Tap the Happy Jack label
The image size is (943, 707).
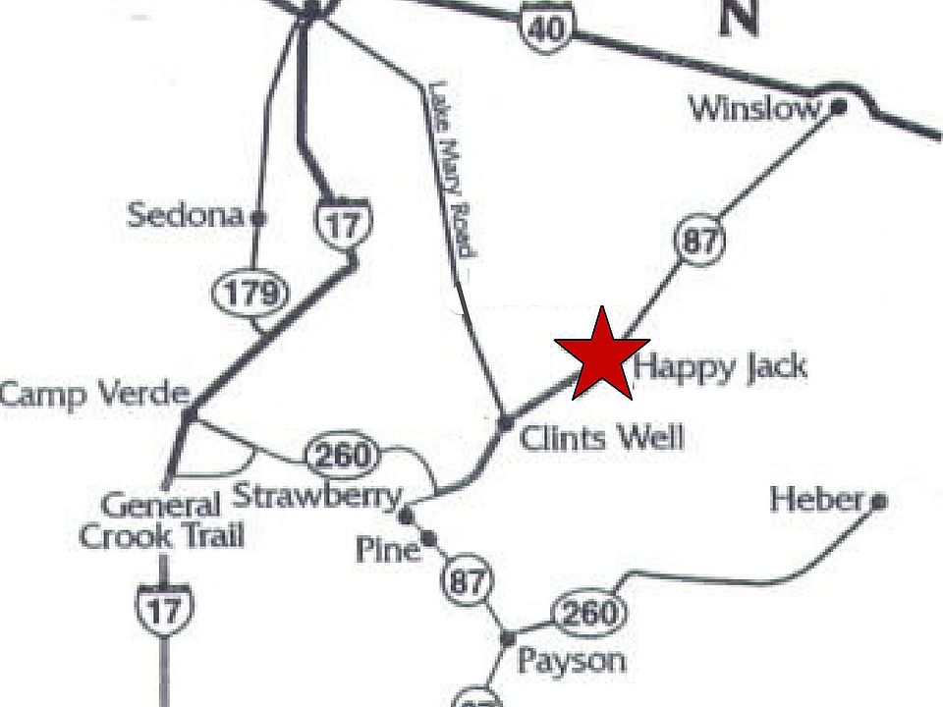pos(721,368)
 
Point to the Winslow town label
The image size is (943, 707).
pos(753,107)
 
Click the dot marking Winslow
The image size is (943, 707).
pos(839,106)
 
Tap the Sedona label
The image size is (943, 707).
pos(185,215)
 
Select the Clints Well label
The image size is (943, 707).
pos(601,437)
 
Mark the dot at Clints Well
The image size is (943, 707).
pos(505,423)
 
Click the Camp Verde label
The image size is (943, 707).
pos(93,395)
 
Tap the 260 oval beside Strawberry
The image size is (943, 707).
pos(342,456)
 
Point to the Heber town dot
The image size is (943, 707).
pos(879,502)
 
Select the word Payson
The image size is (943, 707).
pos(571,661)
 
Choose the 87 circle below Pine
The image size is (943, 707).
pos(467,581)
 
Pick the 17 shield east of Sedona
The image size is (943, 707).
pos(343,223)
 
